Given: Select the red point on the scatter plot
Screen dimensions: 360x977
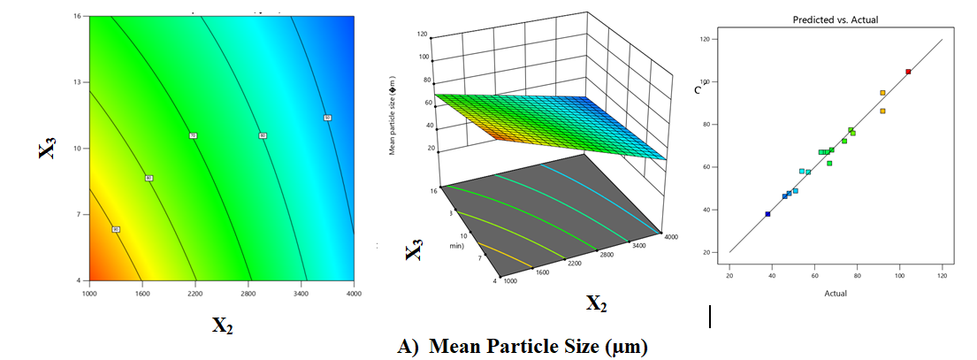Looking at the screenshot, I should coord(908,72).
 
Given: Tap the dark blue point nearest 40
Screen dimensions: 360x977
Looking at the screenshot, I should coord(767,214).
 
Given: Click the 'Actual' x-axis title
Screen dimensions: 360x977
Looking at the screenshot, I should coord(835,293).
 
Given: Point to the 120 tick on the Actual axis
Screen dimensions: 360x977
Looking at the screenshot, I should coord(942,276).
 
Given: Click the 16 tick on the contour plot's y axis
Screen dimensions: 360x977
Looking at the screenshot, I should coord(77,15).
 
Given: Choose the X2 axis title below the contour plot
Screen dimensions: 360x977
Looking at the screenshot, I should coord(222,325).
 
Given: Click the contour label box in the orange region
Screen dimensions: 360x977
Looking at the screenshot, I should coord(116,229).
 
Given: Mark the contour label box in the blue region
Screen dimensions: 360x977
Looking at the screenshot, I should coord(327,118).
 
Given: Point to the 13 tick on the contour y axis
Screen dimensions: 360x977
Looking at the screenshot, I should coord(77,82).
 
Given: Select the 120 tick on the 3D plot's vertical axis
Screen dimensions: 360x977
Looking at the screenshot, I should coord(423,34).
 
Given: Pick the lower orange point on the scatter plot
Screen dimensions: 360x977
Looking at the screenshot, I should coord(882,111).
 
